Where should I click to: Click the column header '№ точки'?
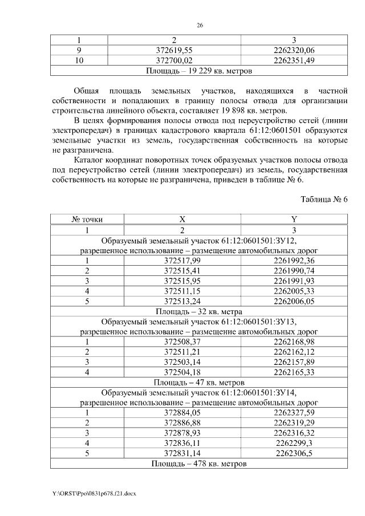pyautogui.click(x=87, y=220)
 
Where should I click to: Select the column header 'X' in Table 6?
pyautogui.click(x=182, y=220)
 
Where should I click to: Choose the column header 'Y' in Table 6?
pyautogui.click(x=294, y=220)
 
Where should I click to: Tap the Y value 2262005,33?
pyautogui.click(x=294, y=291)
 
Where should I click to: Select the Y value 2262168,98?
pyautogui.click(x=294, y=342)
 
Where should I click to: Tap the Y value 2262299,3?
pyautogui.click(x=294, y=443)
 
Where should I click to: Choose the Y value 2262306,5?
pyautogui.click(x=294, y=453)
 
